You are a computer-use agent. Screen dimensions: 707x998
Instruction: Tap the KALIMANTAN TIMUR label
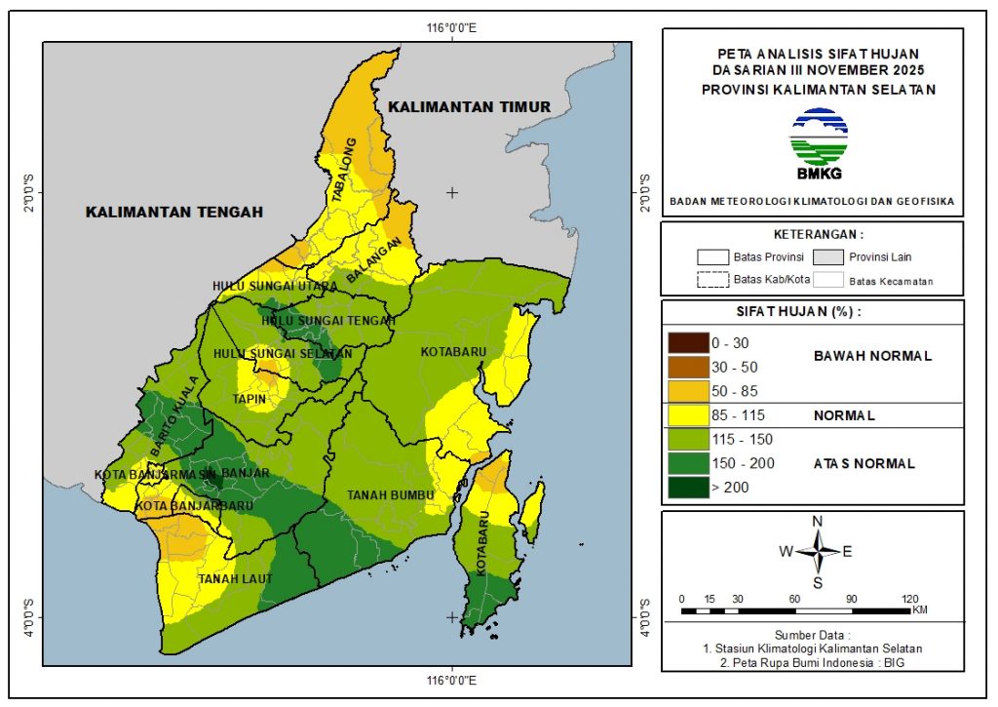point(468,106)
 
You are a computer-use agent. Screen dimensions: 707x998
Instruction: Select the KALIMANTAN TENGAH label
point(174,212)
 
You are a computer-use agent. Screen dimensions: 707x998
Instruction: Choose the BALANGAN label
point(373,262)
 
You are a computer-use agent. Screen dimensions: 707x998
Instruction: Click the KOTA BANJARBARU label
point(181,506)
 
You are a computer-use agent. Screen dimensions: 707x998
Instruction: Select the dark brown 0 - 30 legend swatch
point(686,343)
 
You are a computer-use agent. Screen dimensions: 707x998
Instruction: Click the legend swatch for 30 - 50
point(686,367)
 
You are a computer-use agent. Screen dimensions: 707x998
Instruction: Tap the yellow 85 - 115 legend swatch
point(686,414)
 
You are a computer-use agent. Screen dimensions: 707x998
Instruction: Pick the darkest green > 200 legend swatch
point(686,486)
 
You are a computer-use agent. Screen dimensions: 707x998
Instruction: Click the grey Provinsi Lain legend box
point(829,257)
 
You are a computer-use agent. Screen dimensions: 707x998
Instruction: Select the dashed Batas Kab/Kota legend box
point(712,279)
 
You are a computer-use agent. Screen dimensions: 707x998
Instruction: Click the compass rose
point(817,551)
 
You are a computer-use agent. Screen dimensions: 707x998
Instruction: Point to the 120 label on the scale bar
point(910,598)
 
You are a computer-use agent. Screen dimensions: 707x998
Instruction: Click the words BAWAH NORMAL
point(872,355)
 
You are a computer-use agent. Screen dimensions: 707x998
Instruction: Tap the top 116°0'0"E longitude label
point(451,27)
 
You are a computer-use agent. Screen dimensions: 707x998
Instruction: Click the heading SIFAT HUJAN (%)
point(813,312)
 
